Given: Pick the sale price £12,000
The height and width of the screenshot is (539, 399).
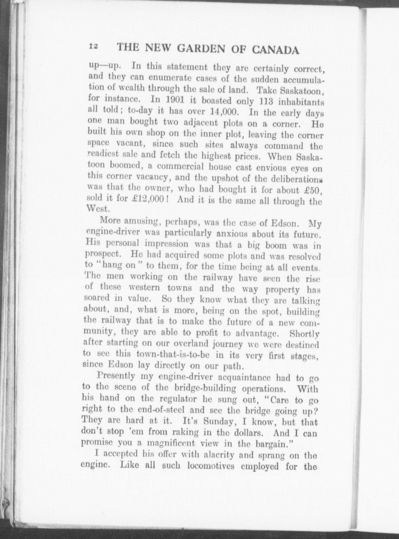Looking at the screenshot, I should pos(148,199).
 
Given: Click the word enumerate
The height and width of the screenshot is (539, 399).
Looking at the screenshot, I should pos(169,78).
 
